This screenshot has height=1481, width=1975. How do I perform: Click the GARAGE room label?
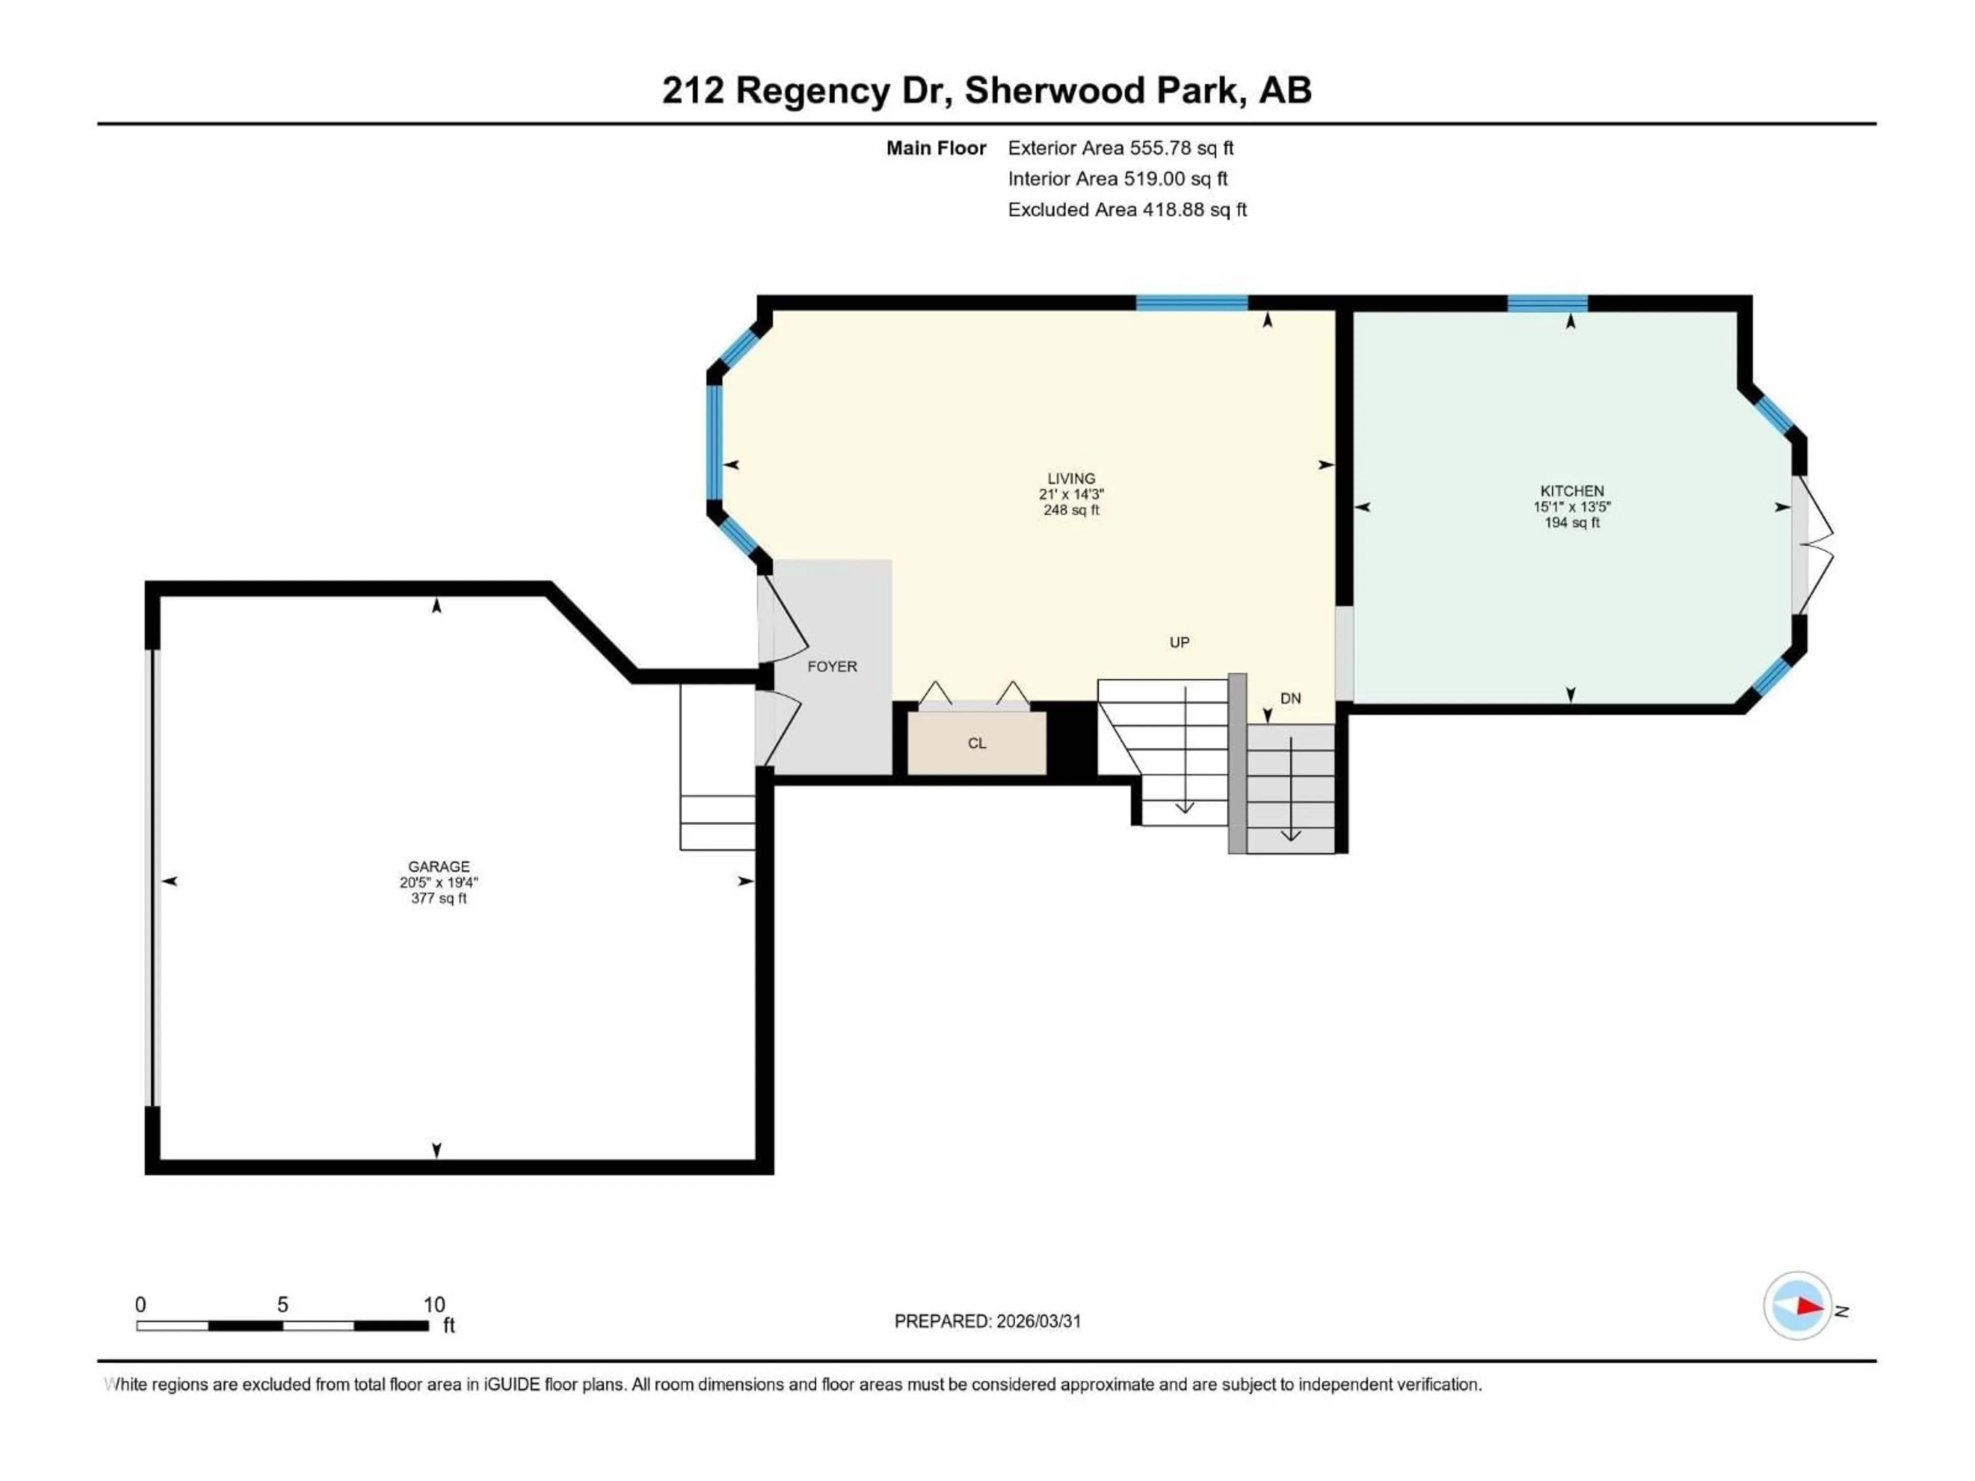point(438,866)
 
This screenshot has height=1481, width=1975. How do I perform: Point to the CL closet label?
point(977,743)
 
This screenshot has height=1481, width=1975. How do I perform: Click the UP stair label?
point(1179,642)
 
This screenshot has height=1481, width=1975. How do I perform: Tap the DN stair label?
point(1290,698)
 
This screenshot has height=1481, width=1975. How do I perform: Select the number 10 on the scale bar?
point(434,1304)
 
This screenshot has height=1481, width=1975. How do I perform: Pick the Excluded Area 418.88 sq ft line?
point(1127,210)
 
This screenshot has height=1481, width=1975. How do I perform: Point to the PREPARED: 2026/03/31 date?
point(987,1321)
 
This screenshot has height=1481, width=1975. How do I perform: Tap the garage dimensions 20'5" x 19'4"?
point(438,882)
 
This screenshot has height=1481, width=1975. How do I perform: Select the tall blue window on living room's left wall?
point(714,442)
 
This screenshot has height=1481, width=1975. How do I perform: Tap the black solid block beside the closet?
point(1071,738)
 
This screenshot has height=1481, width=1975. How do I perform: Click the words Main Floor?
point(936,148)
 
